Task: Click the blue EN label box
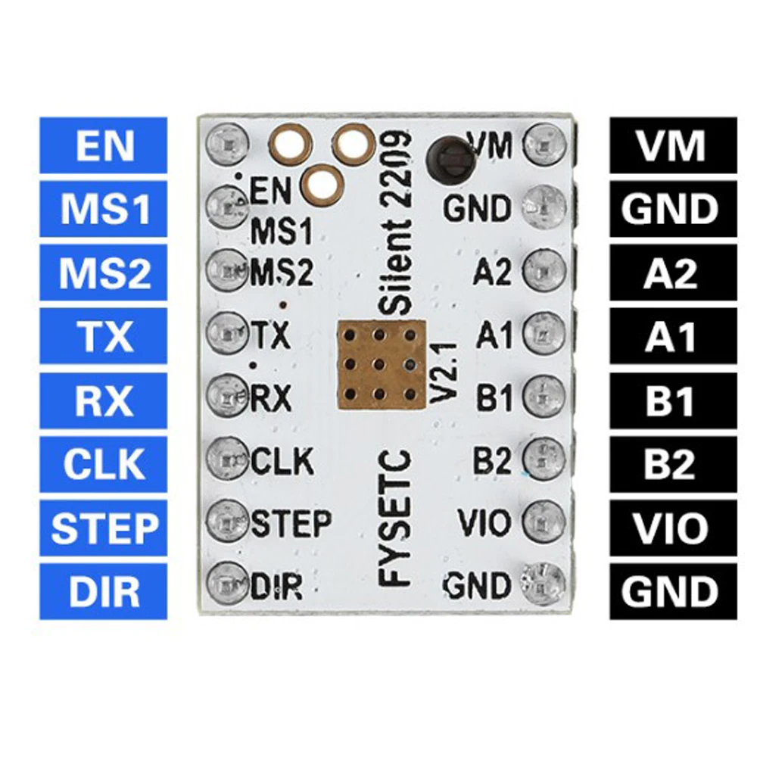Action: click(x=103, y=145)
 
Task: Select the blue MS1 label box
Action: click(x=103, y=209)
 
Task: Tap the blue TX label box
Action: click(x=103, y=336)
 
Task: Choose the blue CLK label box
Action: click(x=103, y=464)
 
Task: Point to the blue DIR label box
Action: click(x=103, y=591)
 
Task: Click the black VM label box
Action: click(x=672, y=145)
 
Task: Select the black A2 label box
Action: click(x=672, y=273)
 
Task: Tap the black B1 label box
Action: click(x=672, y=400)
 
